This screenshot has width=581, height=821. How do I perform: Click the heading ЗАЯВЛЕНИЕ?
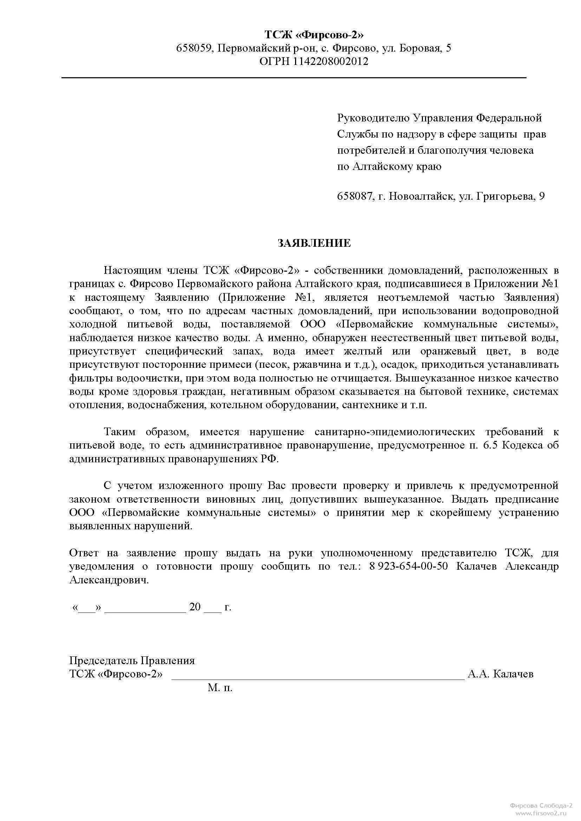point(314,244)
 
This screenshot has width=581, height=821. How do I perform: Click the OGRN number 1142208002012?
point(331,61)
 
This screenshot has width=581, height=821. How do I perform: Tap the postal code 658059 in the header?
point(195,48)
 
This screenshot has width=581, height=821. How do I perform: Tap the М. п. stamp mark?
point(220,688)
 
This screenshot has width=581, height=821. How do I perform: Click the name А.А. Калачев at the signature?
point(501,674)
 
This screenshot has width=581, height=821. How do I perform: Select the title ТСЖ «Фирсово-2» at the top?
point(314,35)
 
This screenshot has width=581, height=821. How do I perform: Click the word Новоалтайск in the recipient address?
point(419,196)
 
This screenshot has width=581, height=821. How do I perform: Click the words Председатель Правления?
point(132,661)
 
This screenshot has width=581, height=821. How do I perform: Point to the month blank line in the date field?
point(145,608)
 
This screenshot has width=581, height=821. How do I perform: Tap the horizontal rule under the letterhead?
point(294,78)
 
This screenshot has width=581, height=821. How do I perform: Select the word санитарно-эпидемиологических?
point(394,432)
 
